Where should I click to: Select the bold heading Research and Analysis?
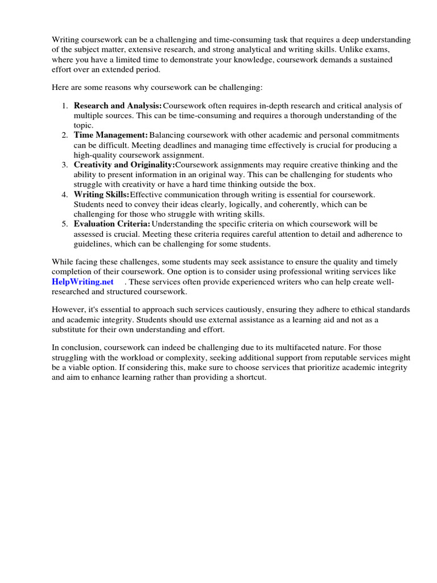[x=118, y=106]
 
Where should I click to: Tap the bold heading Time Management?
[x=110, y=136]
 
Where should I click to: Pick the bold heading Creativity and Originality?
[x=124, y=165]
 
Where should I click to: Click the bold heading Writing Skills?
[x=101, y=195]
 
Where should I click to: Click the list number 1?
[x=64, y=106]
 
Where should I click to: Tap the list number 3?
[x=64, y=165]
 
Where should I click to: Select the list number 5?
[x=64, y=224]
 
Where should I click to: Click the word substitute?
[x=71, y=329]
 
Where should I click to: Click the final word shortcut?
[x=250, y=377]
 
